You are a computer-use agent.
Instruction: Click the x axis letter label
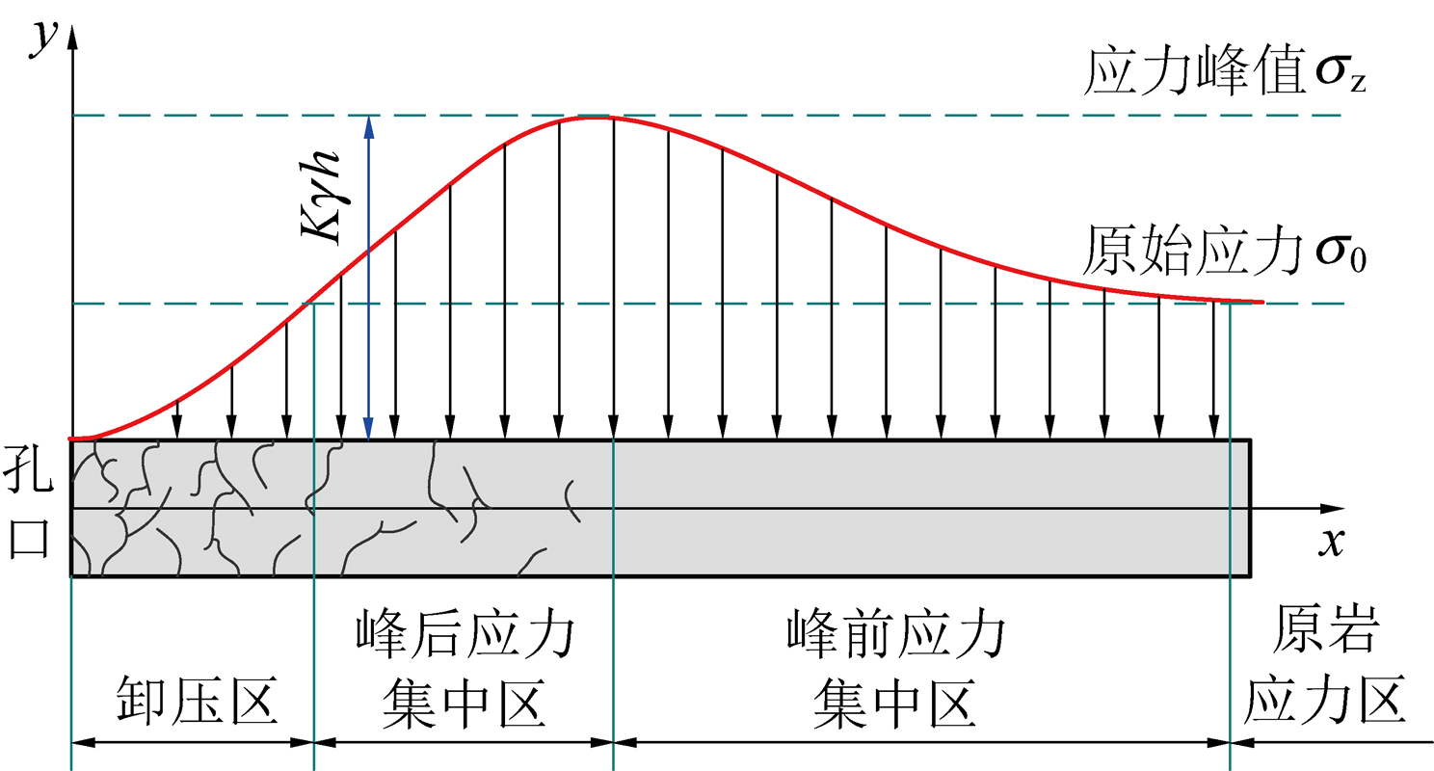pos(1332,542)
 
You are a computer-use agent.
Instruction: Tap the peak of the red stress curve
pos(592,117)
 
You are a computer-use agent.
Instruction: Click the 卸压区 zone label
pos(198,701)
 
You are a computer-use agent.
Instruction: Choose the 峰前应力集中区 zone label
pos(895,671)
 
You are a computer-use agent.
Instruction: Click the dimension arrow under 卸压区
pos(193,742)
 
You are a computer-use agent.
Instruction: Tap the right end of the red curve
pos(1261,302)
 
